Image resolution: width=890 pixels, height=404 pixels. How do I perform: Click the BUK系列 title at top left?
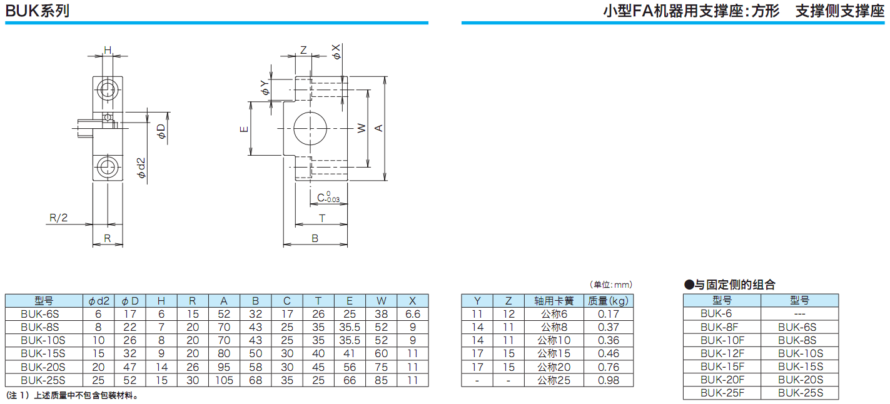point(38,11)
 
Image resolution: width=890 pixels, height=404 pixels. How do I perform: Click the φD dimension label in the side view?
point(161,131)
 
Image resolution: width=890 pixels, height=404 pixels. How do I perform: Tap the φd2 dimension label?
point(141,168)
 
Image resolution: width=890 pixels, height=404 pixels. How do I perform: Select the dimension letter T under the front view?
point(322,218)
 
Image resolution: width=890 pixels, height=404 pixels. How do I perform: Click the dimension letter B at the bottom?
point(315,238)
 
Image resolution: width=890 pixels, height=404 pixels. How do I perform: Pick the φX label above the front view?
point(336,52)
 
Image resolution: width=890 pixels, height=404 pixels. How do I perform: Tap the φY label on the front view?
point(265,88)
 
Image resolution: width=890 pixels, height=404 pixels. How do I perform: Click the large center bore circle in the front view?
point(311,129)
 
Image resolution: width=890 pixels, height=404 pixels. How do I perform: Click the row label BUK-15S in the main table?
point(43,353)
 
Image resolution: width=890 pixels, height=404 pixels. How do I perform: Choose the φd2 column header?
point(99,301)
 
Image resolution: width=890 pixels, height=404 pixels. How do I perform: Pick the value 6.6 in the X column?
point(413,314)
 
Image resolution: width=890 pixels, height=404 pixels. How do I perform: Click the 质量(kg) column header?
point(608,301)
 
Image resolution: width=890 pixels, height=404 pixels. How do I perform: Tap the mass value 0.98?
point(608,380)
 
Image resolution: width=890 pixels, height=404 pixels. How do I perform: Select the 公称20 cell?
point(554,367)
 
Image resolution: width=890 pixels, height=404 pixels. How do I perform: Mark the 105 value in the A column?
point(224,380)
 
